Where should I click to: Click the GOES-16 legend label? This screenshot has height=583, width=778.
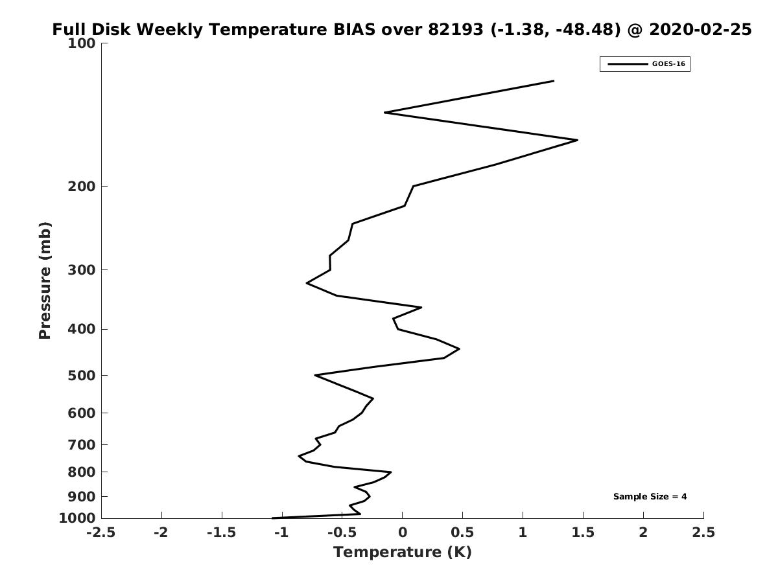pyautogui.click(x=668, y=64)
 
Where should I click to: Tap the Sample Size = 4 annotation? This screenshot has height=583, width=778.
pyautogui.click(x=650, y=497)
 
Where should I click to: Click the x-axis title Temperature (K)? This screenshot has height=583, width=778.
pyautogui.click(x=402, y=553)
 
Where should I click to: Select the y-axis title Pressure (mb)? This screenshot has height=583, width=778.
pyautogui.click(x=45, y=280)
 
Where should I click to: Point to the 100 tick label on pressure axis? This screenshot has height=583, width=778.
pyautogui.click(x=82, y=43)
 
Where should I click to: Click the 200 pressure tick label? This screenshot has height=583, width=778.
pyautogui.click(x=82, y=187)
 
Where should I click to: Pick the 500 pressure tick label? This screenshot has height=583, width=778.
pyautogui.click(x=82, y=376)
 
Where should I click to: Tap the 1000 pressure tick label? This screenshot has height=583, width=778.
pyautogui.click(x=78, y=518)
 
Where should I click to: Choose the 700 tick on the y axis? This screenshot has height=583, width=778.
pyautogui.click(x=82, y=445)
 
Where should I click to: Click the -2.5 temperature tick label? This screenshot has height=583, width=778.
pyautogui.click(x=101, y=532)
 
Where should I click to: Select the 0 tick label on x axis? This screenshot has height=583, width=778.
pyautogui.click(x=402, y=532)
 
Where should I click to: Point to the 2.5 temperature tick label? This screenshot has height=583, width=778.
pyautogui.click(x=703, y=532)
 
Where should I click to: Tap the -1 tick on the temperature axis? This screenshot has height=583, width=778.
pyautogui.click(x=281, y=532)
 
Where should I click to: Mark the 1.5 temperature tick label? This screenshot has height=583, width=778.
pyautogui.click(x=583, y=532)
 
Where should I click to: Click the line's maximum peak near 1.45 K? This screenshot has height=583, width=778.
pyautogui.click(x=577, y=140)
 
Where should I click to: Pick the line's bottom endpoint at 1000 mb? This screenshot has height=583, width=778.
pyautogui.click(x=272, y=518)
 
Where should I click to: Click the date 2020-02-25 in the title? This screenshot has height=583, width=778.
pyautogui.click(x=700, y=30)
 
